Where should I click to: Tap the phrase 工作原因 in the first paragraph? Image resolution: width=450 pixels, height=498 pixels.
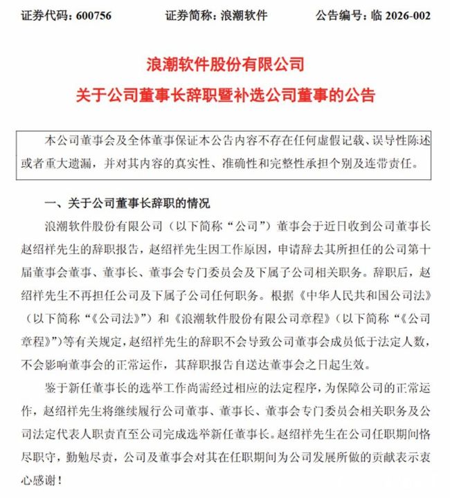coord(224,246)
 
